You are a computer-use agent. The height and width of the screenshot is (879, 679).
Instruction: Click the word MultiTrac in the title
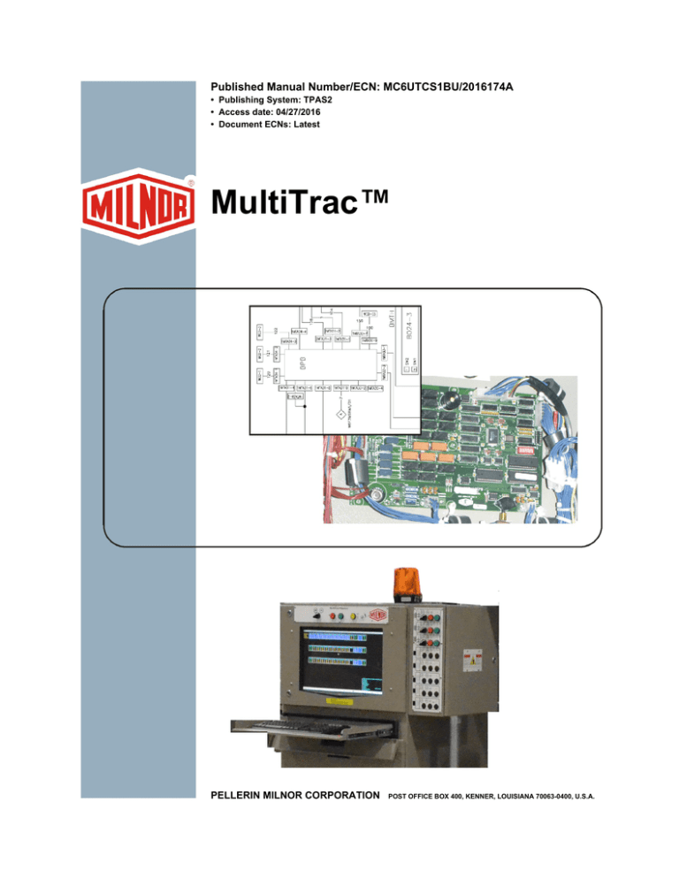tap(296, 213)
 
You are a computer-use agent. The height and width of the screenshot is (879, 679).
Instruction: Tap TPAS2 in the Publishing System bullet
tap(324, 101)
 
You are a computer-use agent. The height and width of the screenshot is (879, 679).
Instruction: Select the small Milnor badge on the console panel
tap(379, 615)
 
